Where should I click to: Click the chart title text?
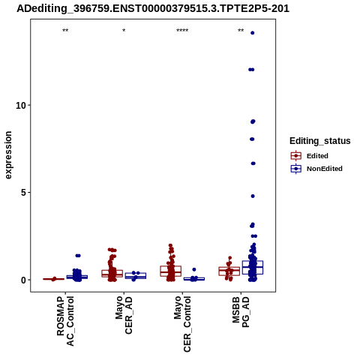153,9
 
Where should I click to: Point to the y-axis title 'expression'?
8,155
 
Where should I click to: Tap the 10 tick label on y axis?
21,106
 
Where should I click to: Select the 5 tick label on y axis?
23,193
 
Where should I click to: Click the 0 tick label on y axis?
23,280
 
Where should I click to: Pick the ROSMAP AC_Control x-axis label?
65,321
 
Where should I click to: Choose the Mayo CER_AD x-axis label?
124,315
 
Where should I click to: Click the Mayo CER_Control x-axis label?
182,324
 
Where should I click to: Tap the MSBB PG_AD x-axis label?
241,312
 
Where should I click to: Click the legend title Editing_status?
320,141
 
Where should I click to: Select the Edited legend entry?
310,156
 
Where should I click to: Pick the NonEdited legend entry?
316,169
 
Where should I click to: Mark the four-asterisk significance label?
182,31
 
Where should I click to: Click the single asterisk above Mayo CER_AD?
124,31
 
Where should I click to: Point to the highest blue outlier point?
253,33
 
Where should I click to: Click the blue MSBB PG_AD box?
253,267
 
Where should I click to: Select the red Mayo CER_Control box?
171,271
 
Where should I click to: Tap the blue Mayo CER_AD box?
136,276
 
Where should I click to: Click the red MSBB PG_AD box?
229,271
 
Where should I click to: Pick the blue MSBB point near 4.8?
253,196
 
